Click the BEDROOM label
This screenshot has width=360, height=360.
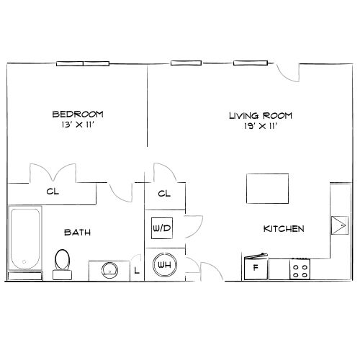tap(78, 114)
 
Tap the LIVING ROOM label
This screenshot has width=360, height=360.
tap(261, 115)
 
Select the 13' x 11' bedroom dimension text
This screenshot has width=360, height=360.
tap(78, 125)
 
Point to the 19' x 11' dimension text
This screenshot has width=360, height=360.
tap(261, 126)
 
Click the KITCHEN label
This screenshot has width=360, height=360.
tap(283, 229)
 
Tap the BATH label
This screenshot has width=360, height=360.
tap(77, 232)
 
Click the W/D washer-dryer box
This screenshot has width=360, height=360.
tap(161, 229)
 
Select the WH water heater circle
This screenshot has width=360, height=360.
tap(163, 264)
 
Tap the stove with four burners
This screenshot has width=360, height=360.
tap(300, 269)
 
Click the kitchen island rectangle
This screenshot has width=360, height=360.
tap(267, 189)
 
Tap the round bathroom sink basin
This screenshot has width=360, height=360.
tap(109, 270)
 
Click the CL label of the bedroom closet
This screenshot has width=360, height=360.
tap(52, 192)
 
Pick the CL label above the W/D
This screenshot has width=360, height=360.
tap(163, 194)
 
